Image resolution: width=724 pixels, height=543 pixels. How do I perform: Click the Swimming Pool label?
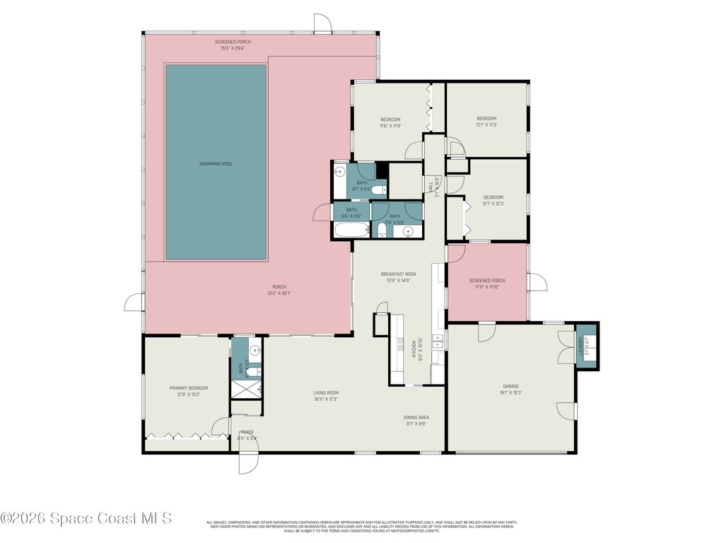(x=216, y=163)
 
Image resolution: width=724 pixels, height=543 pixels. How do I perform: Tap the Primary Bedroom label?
(x=188, y=387)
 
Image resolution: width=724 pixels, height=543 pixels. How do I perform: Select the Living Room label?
(x=326, y=392)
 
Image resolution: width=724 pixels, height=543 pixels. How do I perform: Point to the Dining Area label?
(x=417, y=417)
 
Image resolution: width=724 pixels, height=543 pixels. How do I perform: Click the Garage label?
(x=511, y=386)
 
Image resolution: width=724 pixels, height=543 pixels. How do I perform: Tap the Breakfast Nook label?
(x=398, y=274)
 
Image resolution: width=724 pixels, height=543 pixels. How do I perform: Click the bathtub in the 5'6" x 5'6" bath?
(x=351, y=230)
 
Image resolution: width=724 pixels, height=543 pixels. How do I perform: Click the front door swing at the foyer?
(x=248, y=463)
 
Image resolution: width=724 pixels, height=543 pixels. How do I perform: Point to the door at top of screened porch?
(x=322, y=23)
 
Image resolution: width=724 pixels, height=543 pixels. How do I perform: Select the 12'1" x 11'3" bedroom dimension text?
(x=486, y=125)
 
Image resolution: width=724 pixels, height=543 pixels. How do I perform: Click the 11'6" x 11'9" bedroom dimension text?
(x=390, y=126)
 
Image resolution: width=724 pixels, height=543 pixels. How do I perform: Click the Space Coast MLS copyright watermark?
(x=86, y=518)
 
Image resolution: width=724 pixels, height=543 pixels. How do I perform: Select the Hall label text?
(x=431, y=186)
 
